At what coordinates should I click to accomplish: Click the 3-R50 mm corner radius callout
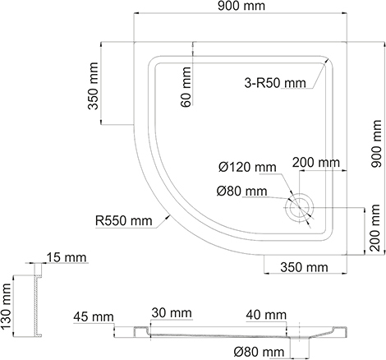click(274, 83)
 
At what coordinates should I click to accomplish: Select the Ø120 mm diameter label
click(247, 167)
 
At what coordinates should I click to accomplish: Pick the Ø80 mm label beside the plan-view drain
click(241, 192)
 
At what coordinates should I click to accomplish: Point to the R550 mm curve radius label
click(123, 220)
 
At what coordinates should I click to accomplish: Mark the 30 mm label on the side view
click(171, 314)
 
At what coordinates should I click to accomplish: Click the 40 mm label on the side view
click(265, 315)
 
